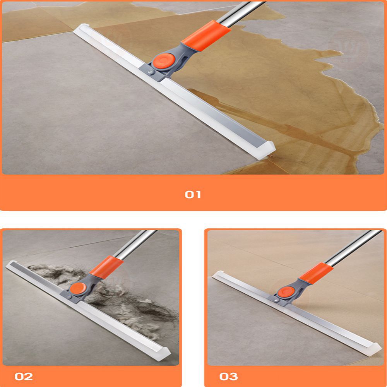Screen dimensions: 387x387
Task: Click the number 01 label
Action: [193, 195]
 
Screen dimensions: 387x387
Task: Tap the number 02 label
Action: [24, 377]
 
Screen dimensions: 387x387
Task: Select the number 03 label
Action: [229, 377]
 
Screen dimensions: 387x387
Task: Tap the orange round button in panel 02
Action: [78, 288]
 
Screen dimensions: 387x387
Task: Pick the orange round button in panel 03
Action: [286, 292]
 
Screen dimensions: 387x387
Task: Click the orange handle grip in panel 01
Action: [206, 36]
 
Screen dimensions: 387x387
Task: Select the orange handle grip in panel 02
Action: [106, 267]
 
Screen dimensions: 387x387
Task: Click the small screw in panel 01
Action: [149, 72]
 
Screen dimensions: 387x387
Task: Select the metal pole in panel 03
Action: [353, 248]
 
